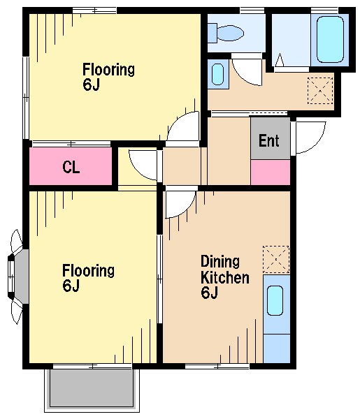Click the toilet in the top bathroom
coord(226,33)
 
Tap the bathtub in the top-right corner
coord(330,39)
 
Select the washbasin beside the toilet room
coord(217,74)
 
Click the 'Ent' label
coord(269,140)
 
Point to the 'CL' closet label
coord(71,168)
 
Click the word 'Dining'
coord(220,262)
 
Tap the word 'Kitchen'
coord(225,278)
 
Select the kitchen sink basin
coord(275,300)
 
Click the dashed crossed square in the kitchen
coord(276,259)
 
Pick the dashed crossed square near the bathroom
coord(320,91)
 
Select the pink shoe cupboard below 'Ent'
coord(270,172)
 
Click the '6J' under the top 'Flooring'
coord(91,85)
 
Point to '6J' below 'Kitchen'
coord(210,293)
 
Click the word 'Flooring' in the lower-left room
coord(88,271)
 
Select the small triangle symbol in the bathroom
coord(280,60)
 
